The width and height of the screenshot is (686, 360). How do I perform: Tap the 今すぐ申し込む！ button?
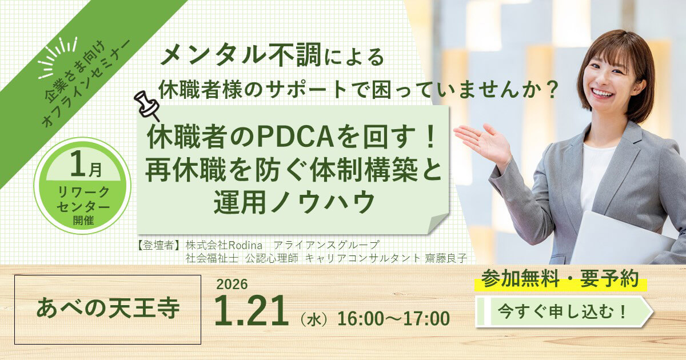[563, 311]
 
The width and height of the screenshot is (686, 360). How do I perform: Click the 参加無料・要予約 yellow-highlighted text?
[560, 279]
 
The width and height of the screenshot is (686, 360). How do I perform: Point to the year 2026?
[232, 284]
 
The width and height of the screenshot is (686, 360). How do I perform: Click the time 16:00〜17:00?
[393, 318]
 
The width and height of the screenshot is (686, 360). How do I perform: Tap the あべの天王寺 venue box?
[107, 309]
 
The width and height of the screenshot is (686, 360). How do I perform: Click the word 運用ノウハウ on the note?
[294, 202]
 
